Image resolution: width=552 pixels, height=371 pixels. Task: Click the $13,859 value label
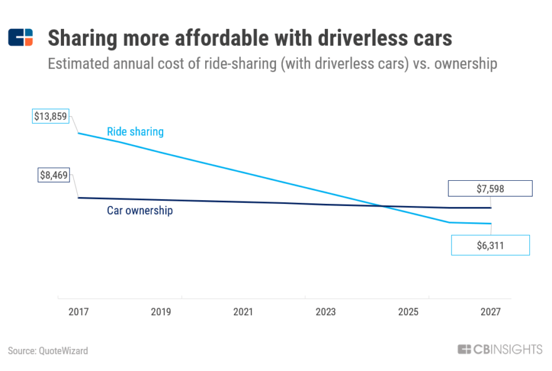pos(51,117)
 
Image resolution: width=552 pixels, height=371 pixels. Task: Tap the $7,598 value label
pos(490,188)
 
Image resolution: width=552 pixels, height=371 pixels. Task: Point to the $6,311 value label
pos(490,245)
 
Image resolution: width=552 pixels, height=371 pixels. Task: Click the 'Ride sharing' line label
pos(135,132)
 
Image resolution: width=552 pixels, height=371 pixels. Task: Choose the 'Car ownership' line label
pos(139,211)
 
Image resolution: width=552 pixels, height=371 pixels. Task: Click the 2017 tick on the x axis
pos(78,312)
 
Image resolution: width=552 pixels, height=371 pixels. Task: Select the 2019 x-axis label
pos(161,312)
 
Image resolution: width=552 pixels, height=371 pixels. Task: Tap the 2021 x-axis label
pos(243,312)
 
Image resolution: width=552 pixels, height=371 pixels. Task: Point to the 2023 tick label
pos(326,312)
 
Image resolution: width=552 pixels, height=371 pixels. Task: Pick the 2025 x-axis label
pos(408,312)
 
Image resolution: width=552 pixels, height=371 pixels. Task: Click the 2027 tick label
pos(491,312)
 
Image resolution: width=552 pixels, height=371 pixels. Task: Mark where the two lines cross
pos(381,206)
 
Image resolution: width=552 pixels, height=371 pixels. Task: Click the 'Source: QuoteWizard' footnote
pos(48,351)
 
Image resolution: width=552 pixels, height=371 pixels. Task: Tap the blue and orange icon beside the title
pos(20,38)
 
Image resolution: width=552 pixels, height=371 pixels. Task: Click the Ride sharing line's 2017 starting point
pos(78,133)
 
